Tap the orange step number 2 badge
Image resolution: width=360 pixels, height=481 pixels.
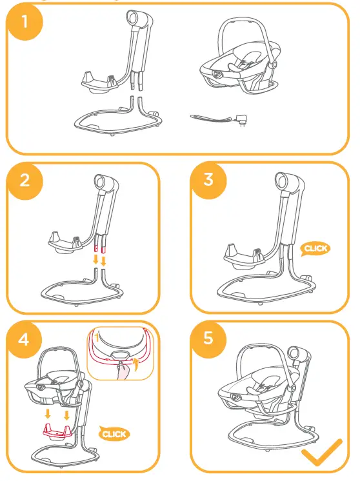25,181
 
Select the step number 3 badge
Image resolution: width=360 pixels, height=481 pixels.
208,180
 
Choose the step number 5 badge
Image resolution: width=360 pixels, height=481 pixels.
208,337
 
